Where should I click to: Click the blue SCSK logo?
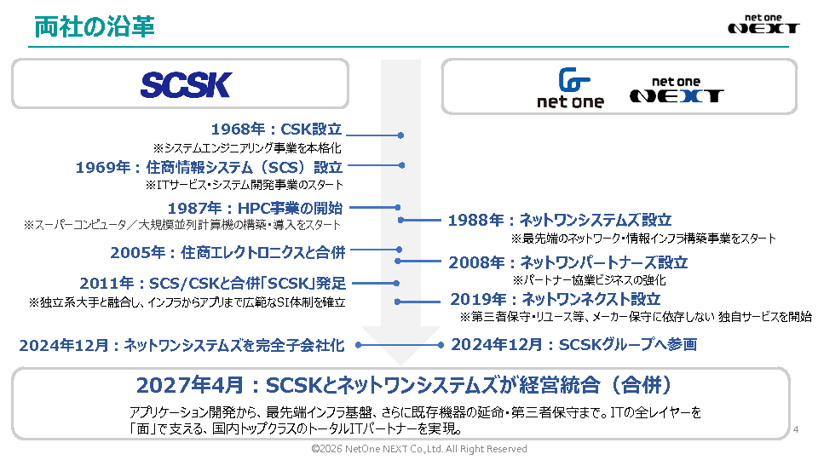(x=186, y=85)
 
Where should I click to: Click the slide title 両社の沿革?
(x=95, y=27)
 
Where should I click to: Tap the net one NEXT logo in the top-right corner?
(x=763, y=25)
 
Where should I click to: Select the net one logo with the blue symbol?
(x=571, y=88)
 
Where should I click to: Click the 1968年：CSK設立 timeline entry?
(x=276, y=129)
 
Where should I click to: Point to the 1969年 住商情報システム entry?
(x=209, y=168)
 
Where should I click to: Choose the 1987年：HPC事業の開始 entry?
(x=255, y=208)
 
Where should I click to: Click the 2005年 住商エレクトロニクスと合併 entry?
(x=228, y=252)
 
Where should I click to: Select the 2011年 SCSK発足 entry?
(x=213, y=283)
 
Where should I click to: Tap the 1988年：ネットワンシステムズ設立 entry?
(x=560, y=220)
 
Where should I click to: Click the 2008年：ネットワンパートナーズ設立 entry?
(x=568, y=262)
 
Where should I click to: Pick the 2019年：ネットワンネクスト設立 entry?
(x=556, y=299)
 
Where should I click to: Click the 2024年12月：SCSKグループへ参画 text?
(x=573, y=344)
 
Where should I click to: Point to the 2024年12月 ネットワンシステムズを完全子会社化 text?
(x=182, y=345)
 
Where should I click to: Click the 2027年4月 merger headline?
(x=404, y=385)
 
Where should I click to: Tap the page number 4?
(x=796, y=429)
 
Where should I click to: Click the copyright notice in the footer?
(x=419, y=449)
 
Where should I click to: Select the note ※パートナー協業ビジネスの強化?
(x=589, y=280)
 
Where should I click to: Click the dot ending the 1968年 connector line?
(x=400, y=135)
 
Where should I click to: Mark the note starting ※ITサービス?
(x=245, y=185)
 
